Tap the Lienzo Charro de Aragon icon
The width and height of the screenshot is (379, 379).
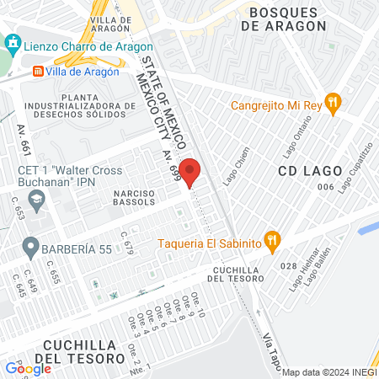tap(12, 43)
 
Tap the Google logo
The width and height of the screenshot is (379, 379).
tap(28, 368)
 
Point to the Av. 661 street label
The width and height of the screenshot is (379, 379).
tap(24, 143)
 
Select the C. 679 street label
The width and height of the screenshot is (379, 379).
tap(127, 243)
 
